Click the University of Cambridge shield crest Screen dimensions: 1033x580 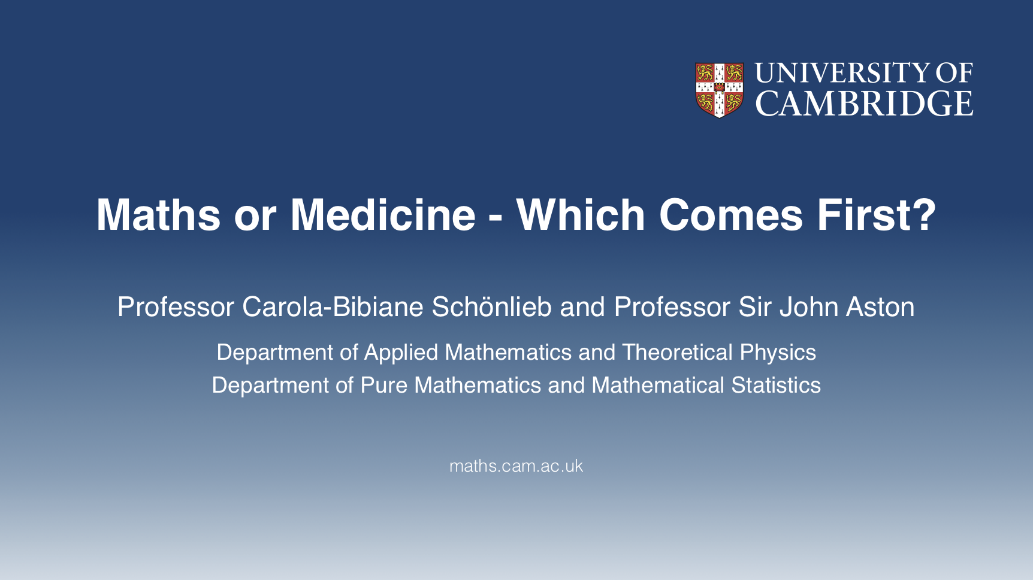719,90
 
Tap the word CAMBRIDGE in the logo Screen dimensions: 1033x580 864,104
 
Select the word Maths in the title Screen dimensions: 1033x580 158,214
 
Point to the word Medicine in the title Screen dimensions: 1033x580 383,214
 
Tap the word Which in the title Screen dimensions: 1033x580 581,214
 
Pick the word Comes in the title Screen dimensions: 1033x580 731,215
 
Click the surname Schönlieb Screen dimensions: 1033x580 491,307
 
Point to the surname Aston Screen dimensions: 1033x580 880,307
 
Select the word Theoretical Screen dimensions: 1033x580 677,352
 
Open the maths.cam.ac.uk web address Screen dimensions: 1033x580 516,466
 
